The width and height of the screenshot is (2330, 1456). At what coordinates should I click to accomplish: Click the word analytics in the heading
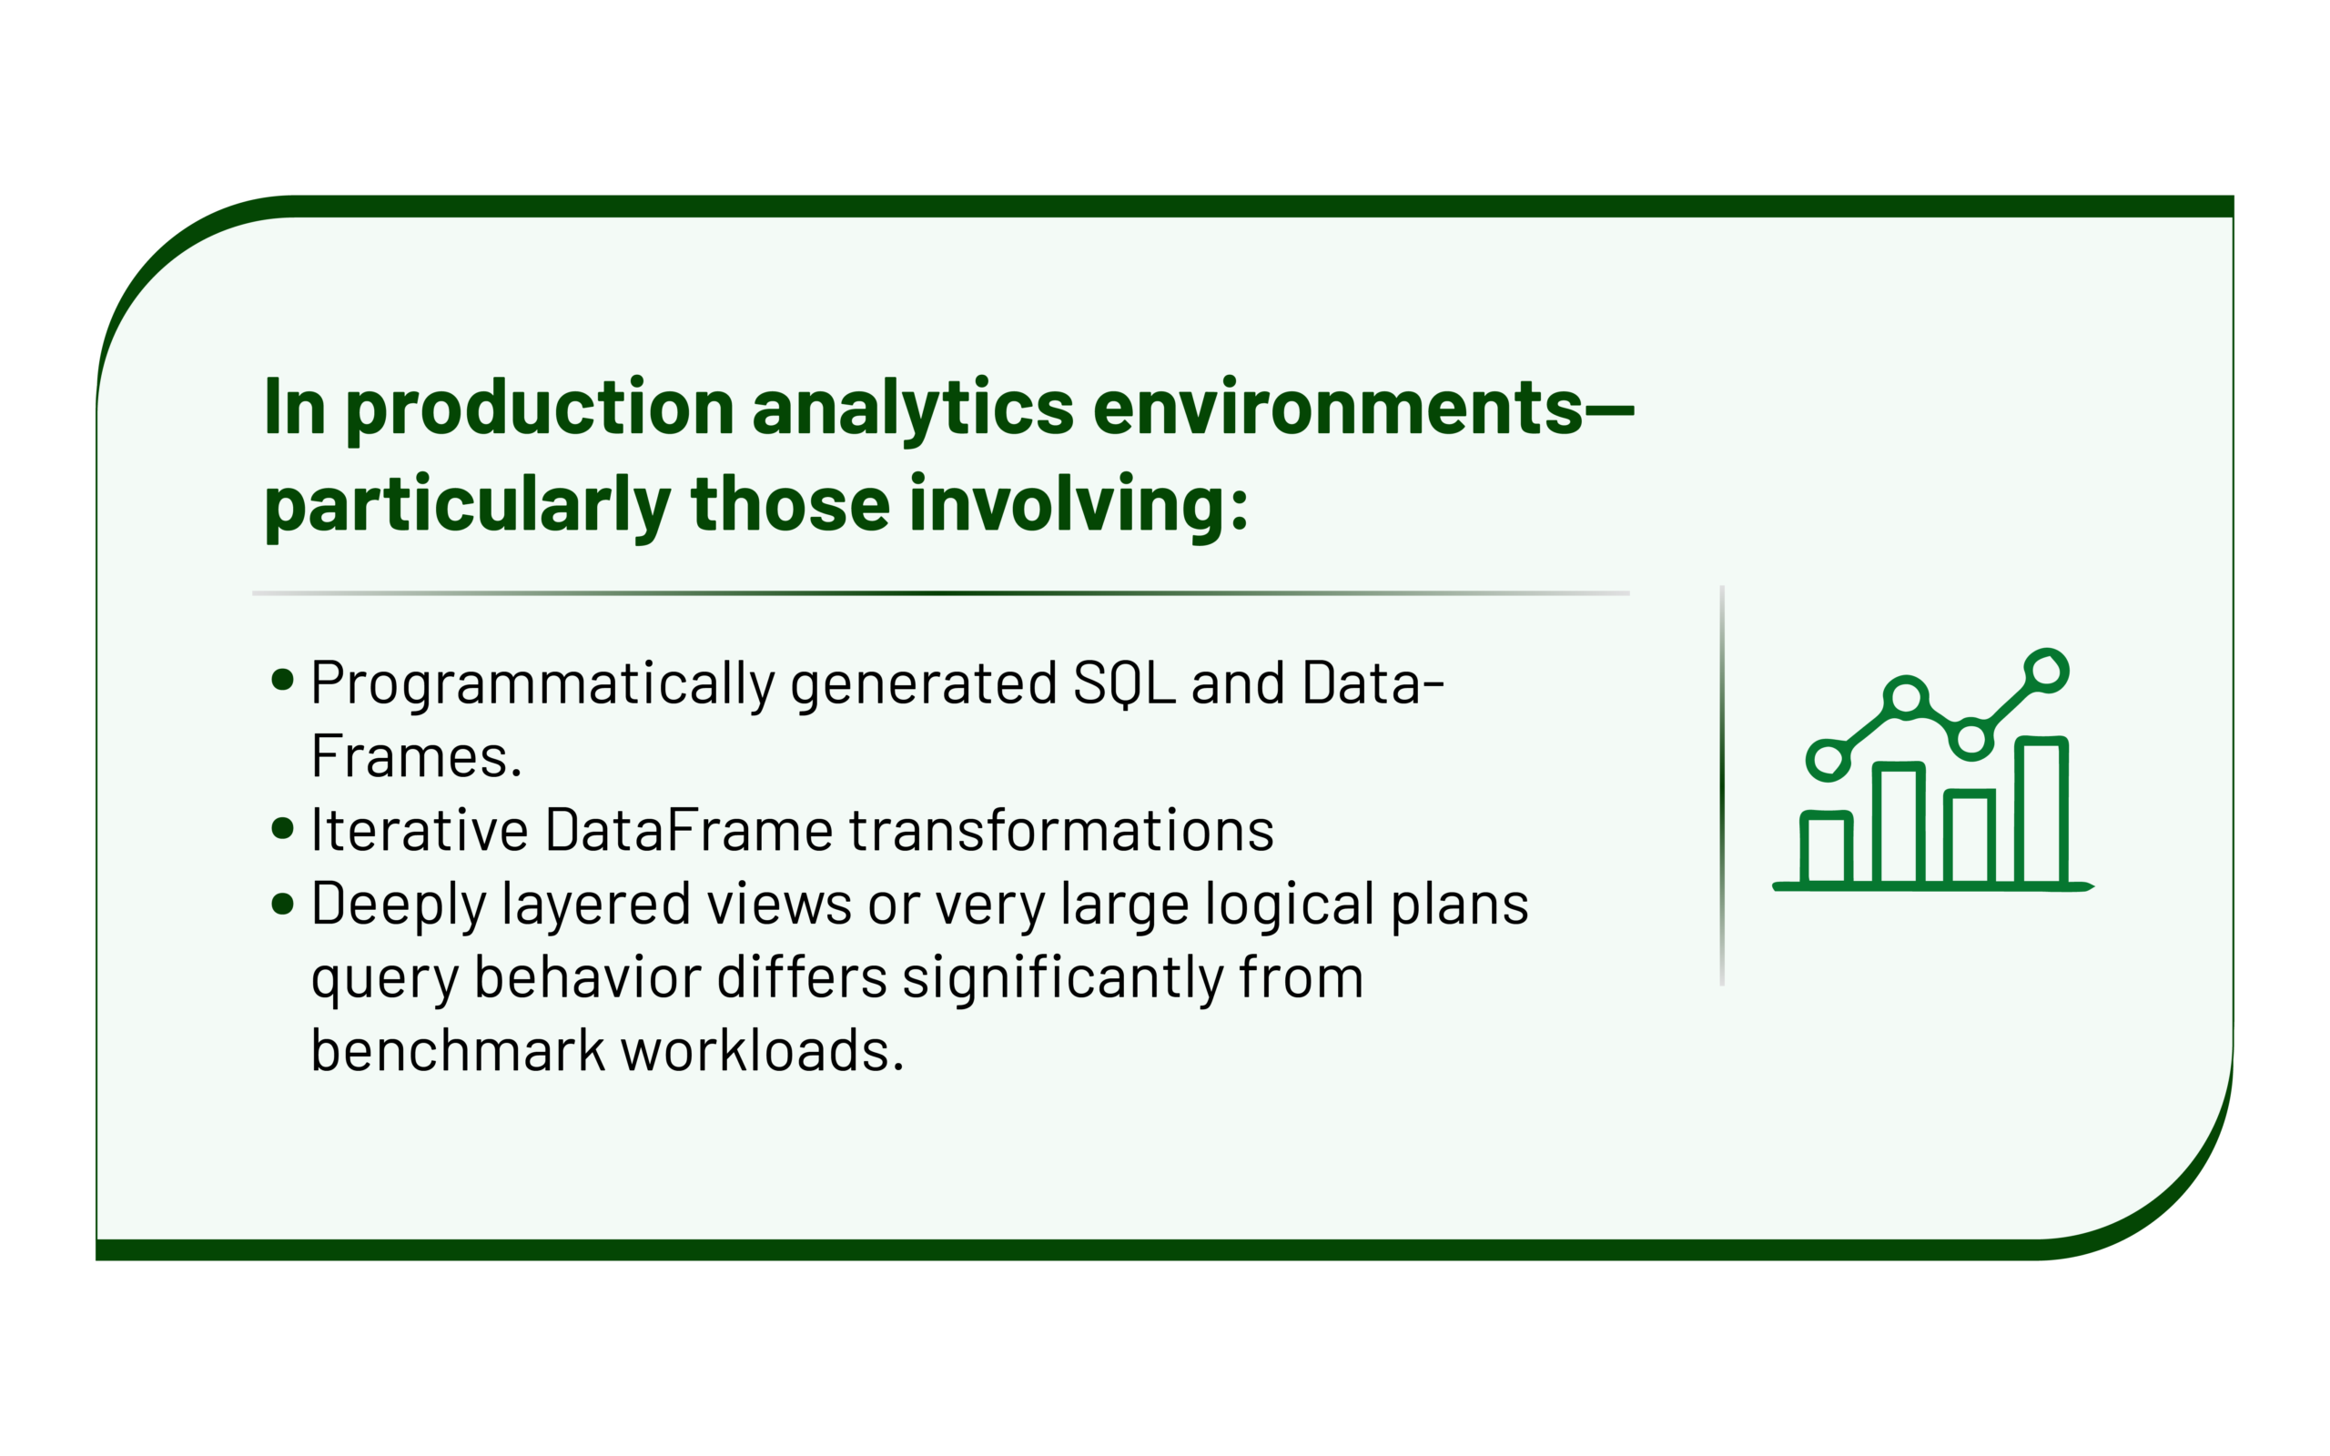(x=913, y=409)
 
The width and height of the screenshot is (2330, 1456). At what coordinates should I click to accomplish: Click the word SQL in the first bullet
(x=1124, y=683)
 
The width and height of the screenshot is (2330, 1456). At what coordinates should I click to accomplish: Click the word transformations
(x=1061, y=830)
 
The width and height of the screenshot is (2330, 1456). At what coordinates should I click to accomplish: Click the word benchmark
(x=457, y=1049)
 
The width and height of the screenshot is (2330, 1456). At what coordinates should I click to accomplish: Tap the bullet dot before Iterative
(x=282, y=828)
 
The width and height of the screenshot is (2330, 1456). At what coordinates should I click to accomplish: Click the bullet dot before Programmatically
(x=282, y=681)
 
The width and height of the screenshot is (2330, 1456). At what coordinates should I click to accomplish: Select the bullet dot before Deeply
(x=282, y=904)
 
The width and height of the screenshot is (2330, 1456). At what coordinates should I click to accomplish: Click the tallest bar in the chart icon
(x=2041, y=811)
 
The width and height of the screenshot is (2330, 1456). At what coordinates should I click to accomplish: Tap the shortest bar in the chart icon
(x=1827, y=848)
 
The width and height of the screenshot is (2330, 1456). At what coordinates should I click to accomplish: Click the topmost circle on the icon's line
(x=2046, y=672)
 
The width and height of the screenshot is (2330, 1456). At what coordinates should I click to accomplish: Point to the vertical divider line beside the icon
(x=1721, y=785)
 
